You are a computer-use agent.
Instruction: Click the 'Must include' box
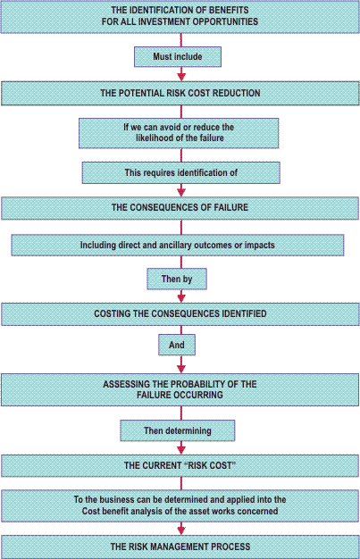tap(178, 56)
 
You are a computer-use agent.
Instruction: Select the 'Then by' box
tap(177, 279)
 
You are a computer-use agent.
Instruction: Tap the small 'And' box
tap(177, 345)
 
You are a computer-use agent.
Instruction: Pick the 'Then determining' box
tap(178, 430)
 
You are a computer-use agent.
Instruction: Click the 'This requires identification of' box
tap(181, 173)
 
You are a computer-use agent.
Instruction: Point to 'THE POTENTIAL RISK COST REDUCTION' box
tap(180, 94)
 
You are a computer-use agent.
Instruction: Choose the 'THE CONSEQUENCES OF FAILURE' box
tap(180, 208)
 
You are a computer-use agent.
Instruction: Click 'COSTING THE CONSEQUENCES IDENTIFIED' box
tap(180, 314)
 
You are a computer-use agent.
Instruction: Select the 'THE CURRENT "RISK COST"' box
tap(180, 465)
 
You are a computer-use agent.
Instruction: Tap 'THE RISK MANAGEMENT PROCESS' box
tap(180, 546)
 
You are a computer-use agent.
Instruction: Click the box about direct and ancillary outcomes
tap(178, 246)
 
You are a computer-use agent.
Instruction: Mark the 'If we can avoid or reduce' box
tap(179, 133)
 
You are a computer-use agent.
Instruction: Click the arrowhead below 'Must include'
tap(181, 77)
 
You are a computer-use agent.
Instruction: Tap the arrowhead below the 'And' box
tap(181, 369)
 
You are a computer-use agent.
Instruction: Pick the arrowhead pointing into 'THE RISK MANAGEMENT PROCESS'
tap(181, 530)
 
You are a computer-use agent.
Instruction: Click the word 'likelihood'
tap(155, 138)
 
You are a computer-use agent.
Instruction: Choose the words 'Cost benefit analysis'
tap(128, 512)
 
